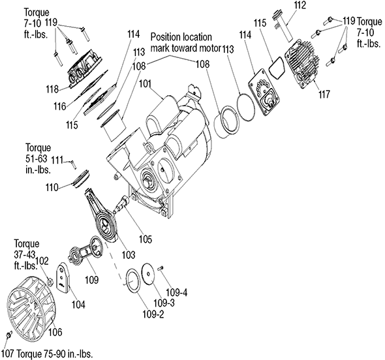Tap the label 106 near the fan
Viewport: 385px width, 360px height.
pos(55,332)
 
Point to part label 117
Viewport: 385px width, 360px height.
pos(324,94)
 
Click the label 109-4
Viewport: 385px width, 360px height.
pos(177,292)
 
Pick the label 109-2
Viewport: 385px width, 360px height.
pos(153,314)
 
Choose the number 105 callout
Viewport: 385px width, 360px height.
pos(145,239)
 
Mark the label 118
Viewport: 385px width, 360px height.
pos(52,89)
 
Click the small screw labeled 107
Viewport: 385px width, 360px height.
pos(9,335)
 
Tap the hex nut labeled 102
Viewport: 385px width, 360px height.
pos(50,282)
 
